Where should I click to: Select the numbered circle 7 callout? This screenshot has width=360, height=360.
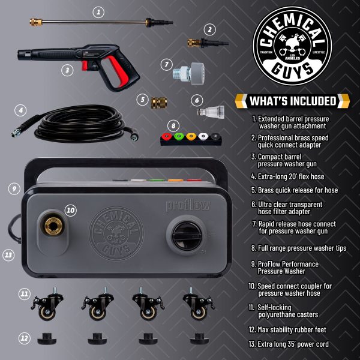[167, 64]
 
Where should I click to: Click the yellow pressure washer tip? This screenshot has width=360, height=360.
[191, 136]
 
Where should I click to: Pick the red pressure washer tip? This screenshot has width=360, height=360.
[166, 136]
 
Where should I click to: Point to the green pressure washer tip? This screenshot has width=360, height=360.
[179, 136]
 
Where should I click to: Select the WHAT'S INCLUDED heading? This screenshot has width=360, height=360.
[294, 100]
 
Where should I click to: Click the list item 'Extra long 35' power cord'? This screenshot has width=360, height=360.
[290, 344]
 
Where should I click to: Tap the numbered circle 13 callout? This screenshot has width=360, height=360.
[8, 254]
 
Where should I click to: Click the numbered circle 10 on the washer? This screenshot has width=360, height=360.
[71, 210]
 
